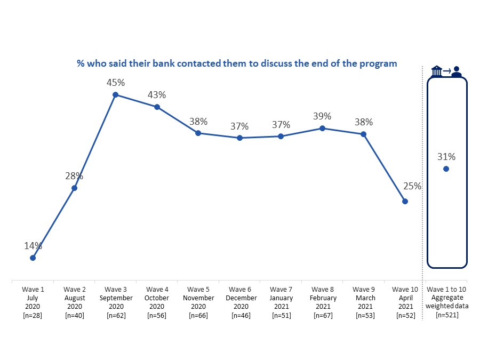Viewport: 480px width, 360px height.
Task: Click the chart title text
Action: click(237, 63)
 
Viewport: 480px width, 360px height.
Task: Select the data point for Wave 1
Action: click(33, 258)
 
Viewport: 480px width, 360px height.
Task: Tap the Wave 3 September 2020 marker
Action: click(115, 95)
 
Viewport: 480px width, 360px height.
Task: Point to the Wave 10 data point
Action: click(405, 202)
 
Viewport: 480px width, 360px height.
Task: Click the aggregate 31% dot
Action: click(446, 169)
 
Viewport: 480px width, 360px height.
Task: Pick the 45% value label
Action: click(115, 83)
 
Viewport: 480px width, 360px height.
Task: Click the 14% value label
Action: click(33, 246)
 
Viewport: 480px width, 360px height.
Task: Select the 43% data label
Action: click(157, 95)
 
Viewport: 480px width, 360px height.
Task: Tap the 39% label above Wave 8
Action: click(322, 116)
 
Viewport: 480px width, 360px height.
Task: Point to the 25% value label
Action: click(412, 187)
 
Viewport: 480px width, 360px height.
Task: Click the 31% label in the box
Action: click(446, 157)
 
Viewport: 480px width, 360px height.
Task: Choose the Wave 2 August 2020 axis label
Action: click(74, 302)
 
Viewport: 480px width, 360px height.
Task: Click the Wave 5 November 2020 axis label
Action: click(198, 302)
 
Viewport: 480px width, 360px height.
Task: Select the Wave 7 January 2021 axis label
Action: click(281, 302)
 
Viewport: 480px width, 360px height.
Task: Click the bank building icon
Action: click(437, 71)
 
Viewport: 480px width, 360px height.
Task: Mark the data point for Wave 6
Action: click(240, 138)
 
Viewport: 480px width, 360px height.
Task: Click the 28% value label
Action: click(74, 176)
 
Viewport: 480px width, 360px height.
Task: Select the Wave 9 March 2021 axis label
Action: click(364, 302)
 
